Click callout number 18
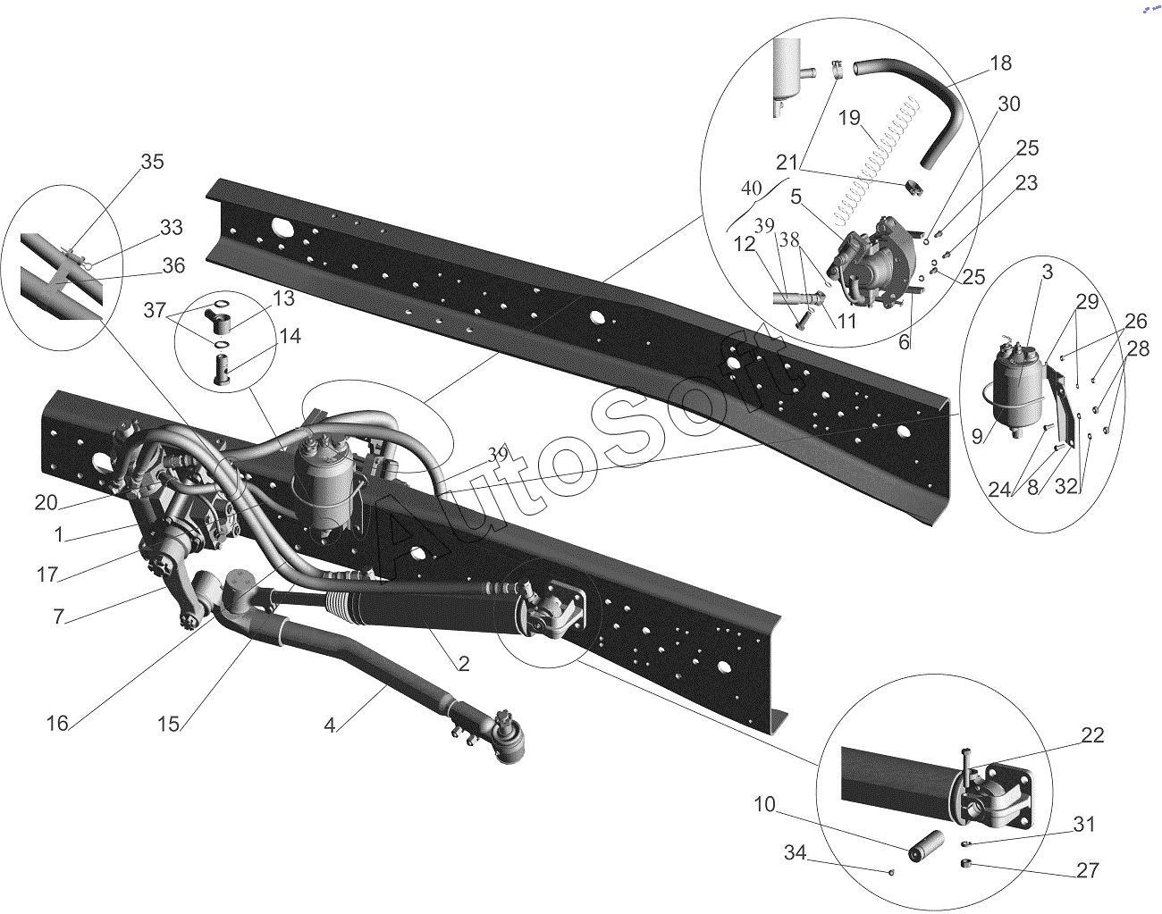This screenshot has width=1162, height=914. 1000,63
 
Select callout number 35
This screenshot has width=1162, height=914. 153,162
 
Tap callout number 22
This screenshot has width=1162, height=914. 1092,735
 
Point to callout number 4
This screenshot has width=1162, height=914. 330,725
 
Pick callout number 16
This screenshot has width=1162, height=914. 57,724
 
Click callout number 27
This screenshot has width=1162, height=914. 1087,870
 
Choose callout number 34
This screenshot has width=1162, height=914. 796,853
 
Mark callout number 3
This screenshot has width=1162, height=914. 1048,273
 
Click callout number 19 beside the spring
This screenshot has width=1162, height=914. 849,118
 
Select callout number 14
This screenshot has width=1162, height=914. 290,337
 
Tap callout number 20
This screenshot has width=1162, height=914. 46,503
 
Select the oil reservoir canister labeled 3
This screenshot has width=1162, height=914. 1020,391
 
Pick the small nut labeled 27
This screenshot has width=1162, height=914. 966,863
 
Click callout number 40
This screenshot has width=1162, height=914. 752,189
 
